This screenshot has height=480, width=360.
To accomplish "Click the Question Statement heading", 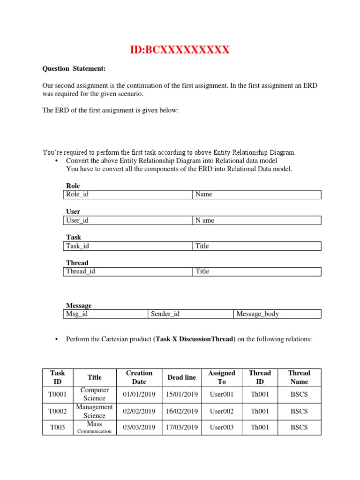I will coord(74,69).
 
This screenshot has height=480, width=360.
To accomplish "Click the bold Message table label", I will coord(79,306).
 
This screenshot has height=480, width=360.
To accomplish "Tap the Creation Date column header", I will coord(139,377).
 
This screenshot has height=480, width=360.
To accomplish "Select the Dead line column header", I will coord(181,377).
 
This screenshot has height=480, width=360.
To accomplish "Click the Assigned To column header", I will coord(222,377).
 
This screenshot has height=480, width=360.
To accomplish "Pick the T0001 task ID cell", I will coord(58,394).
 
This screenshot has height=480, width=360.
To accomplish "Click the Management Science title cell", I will coord(95,411).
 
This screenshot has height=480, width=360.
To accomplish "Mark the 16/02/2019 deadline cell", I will coord(182,412).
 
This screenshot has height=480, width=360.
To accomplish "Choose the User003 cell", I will coord(222,427).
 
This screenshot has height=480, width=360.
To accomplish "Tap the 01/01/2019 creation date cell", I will coord(139,394).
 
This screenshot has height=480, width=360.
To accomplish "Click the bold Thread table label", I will coord(77,263).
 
